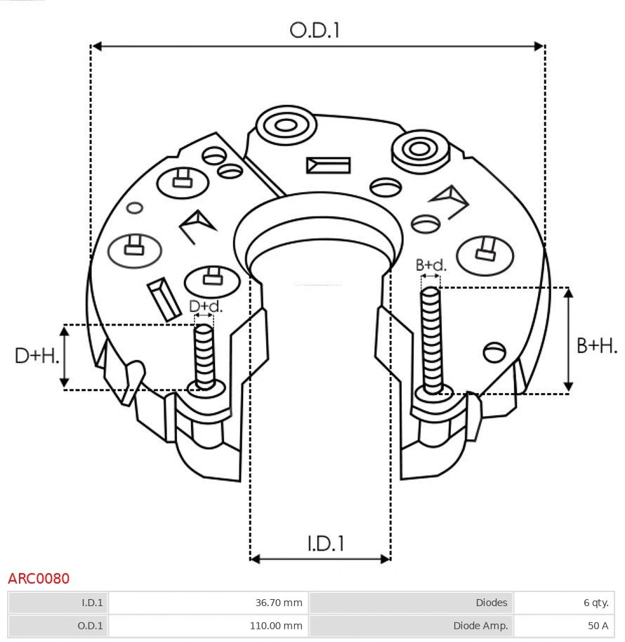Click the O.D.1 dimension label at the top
pos(315,30)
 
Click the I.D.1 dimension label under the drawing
pos(325,543)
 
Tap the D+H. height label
pos(37,356)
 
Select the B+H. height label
pos(597,345)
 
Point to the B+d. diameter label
pos(430,265)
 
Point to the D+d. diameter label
pos(205,307)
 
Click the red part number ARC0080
pos(39,579)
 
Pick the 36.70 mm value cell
pos(279,603)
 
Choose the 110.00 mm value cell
pos(277,625)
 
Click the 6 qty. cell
pos(595,603)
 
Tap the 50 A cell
pos(598,625)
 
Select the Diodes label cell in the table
pos(491,603)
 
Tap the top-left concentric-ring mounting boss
pos(286,126)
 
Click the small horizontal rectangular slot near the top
pos(328,165)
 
